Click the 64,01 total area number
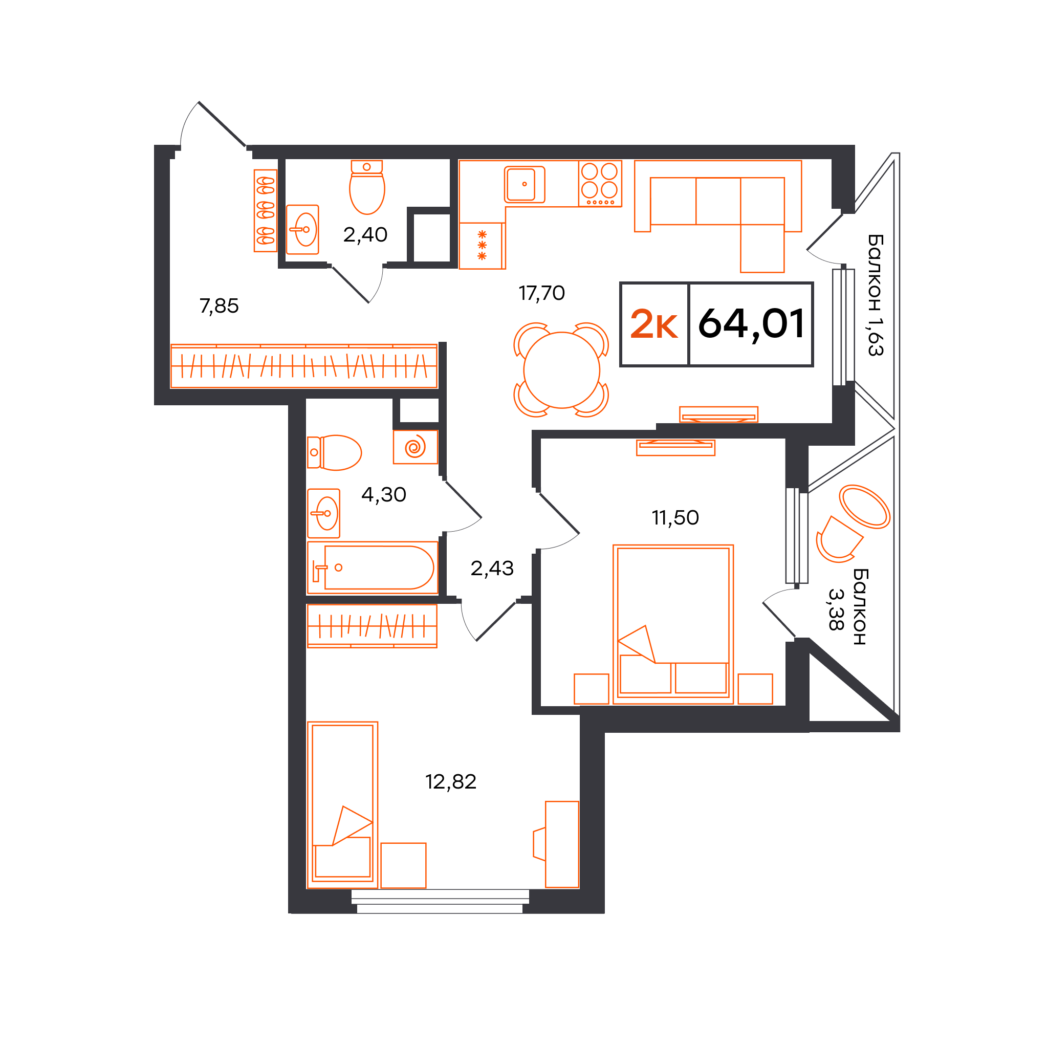pos(751,324)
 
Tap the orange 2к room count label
pos(653,324)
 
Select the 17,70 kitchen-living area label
pos(541,293)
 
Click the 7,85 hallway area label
pos(219,306)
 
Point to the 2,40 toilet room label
pos(365,234)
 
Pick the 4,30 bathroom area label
pos(383,495)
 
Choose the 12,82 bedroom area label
pos(451,782)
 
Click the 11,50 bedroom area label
pos(675,517)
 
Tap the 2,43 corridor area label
pos(492,569)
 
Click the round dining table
pos(561,370)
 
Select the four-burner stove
pos(600,184)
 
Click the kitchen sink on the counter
pos(525,184)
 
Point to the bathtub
pos(373,567)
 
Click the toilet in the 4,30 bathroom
pos(334,452)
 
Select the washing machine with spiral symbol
pos(416,447)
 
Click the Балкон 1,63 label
pos(876,295)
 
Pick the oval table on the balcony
pos(865,507)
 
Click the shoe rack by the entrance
pos(265,210)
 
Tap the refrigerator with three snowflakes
pos(482,246)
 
